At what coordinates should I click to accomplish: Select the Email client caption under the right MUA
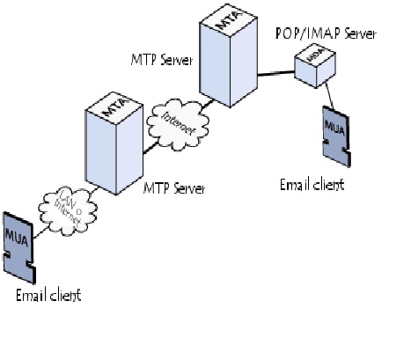coord(312,185)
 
